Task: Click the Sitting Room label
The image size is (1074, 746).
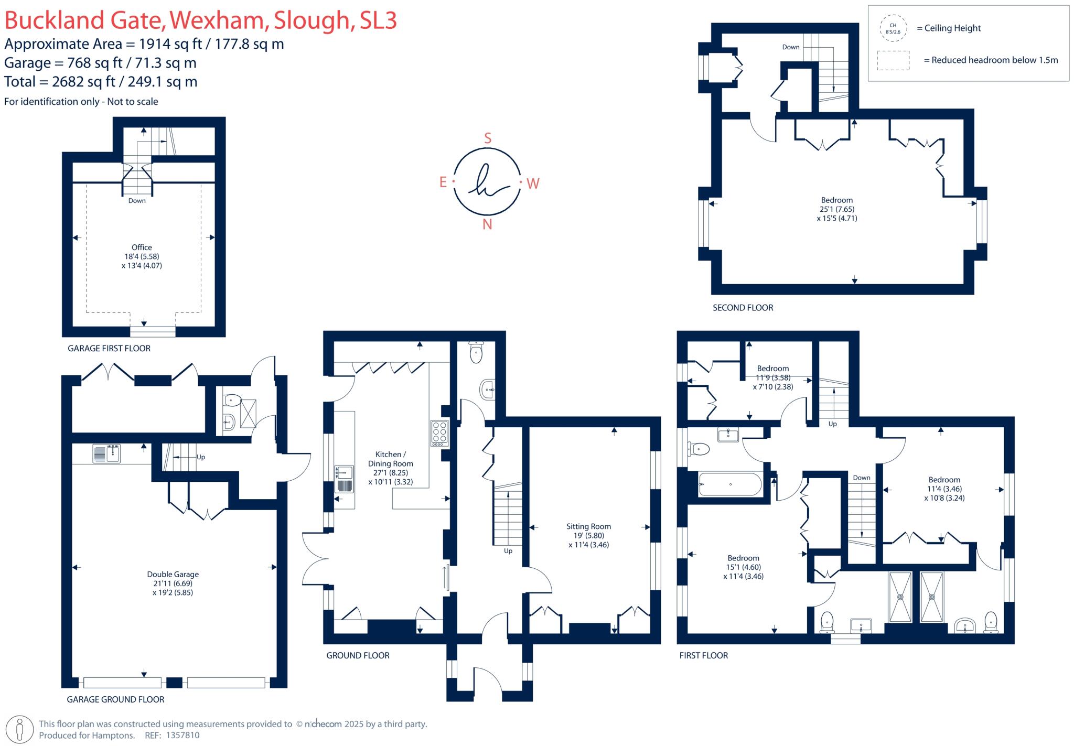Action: (588, 526)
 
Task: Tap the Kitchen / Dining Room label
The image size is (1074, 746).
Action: (390, 459)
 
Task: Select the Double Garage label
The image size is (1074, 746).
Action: (173, 574)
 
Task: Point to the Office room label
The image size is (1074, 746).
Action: (142, 247)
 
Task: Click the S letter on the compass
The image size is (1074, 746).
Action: (488, 138)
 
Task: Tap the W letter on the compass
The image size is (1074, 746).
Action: (533, 183)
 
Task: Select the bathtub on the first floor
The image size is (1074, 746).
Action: (730, 484)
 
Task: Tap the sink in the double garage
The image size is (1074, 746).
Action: (107, 453)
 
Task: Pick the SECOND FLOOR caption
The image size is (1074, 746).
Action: (743, 308)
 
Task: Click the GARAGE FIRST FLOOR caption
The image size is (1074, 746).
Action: (109, 348)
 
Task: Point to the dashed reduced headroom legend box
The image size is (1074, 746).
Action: (893, 60)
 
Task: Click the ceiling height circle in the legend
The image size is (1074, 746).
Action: (893, 28)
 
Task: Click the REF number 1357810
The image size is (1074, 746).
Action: (182, 736)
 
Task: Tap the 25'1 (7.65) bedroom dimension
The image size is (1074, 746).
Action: (837, 209)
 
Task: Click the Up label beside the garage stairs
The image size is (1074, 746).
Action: (201, 457)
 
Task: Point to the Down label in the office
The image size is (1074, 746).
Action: (137, 201)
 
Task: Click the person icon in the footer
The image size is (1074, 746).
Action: (20, 729)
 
